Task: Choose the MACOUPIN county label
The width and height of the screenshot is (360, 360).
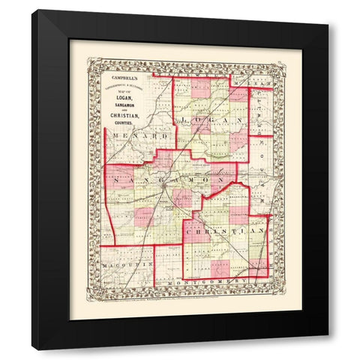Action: pyautogui.click(x=125, y=265)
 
